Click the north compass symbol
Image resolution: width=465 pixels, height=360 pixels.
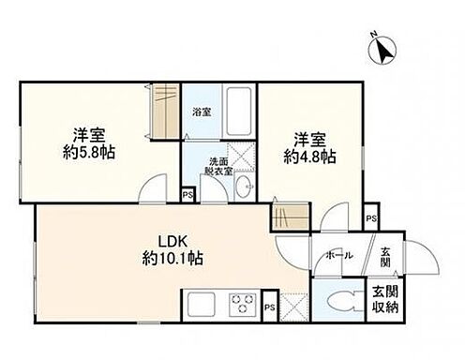pos(382,50)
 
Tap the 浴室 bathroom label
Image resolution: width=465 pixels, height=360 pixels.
pos(202,112)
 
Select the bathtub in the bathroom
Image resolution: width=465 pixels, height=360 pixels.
pos(239,112)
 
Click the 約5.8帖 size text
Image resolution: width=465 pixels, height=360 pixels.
pos(89,153)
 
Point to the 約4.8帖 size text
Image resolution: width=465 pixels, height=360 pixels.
pos(309,157)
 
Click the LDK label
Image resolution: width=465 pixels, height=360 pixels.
pos(172,242)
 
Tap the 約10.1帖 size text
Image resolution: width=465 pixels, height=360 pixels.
pos(172,259)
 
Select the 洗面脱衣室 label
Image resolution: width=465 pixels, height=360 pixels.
pos(218,166)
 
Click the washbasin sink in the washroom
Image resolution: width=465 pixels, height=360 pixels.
pos(245,186)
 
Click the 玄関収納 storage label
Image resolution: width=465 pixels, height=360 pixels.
pos(385,300)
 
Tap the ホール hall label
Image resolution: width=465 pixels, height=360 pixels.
pos(339,255)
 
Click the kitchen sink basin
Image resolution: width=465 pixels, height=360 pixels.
pos(201,305)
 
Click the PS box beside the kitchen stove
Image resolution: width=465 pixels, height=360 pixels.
pos(270,307)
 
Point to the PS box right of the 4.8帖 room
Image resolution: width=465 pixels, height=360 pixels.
pos(371,218)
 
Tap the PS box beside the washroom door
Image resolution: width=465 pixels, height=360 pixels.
pos(187,195)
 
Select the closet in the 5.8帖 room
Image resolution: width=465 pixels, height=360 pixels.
pos(165,112)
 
